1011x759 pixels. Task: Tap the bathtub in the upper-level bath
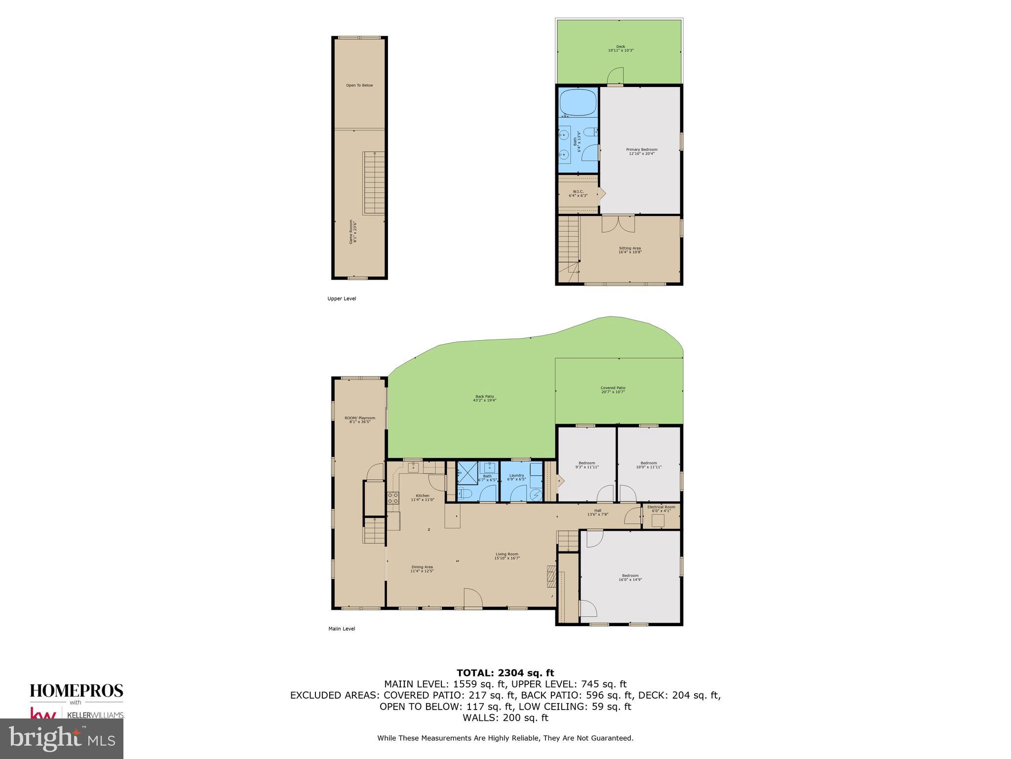click(x=577, y=102)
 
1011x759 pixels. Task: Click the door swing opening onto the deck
click(x=615, y=76)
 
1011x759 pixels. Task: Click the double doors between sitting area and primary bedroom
click(x=618, y=223)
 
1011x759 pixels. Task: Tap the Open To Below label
click(x=359, y=85)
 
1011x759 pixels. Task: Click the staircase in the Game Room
click(x=374, y=183)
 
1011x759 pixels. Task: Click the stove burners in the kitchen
click(x=393, y=498)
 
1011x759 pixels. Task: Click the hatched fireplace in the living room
click(x=551, y=576)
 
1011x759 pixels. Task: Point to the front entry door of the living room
click(x=472, y=599)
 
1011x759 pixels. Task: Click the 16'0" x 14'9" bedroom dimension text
click(x=630, y=580)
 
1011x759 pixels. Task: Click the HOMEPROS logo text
click(x=77, y=691)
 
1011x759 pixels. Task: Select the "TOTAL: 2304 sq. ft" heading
click(x=505, y=673)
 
